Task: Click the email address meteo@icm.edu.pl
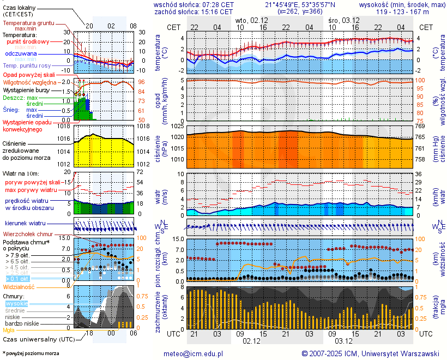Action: pos(194,353)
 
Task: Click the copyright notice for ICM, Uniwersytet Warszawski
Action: pos(370,353)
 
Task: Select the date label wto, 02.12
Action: pos(251,20)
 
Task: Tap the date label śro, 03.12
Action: pos(343,20)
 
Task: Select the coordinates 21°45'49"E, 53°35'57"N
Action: pos(300,4)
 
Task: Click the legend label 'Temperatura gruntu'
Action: pos(28,23)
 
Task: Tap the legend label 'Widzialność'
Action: pos(19,286)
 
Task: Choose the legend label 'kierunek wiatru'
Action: pos(25,224)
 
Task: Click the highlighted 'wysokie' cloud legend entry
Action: pos(16,303)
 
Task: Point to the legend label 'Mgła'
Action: pos(9,330)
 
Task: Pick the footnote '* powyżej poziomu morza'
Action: pos(31,353)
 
